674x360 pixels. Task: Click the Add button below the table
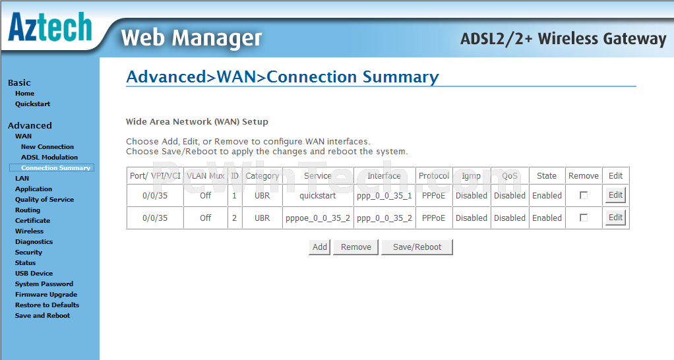click(319, 247)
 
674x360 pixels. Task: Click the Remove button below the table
click(356, 247)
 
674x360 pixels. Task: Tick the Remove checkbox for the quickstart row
click(583, 195)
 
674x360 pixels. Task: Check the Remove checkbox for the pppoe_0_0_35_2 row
click(583, 218)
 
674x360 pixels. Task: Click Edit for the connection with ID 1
click(615, 195)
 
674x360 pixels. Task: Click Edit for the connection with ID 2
click(615, 218)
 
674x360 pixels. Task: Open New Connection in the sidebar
click(47, 146)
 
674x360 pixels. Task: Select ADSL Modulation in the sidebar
click(49, 157)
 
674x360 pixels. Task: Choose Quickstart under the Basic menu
click(33, 104)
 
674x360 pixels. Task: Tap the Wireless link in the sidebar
click(29, 231)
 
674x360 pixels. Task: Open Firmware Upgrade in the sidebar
click(46, 295)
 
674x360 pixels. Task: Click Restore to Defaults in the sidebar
click(47, 305)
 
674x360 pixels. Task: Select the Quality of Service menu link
click(44, 199)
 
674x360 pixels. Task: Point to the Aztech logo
click(50, 26)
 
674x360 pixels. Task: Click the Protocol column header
click(434, 175)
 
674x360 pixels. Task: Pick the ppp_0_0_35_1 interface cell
click(384, 195)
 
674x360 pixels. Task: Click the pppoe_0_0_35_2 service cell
click(318, 218)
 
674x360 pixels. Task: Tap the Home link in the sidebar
click(24, 94)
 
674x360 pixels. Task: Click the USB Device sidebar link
click(34, 273)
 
